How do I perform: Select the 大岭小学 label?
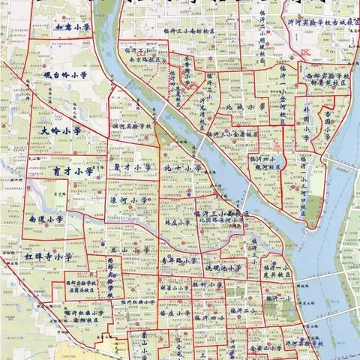click(60, 129)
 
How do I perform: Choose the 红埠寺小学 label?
click(47, 257)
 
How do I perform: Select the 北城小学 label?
click(246, 108)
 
